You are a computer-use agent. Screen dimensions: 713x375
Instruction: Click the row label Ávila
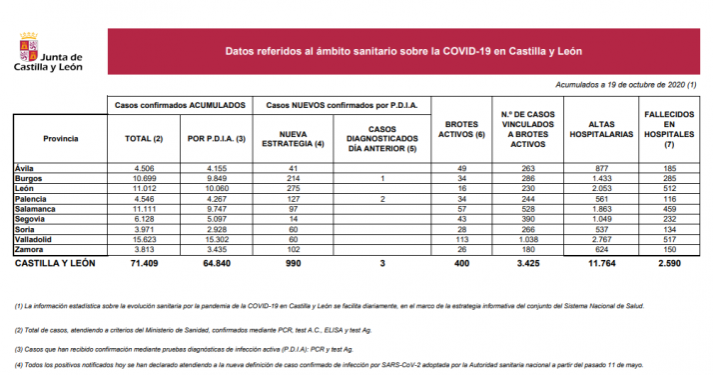click(x=25, y=168)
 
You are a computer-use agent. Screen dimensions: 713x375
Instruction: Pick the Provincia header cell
click(x=61, y=138)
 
